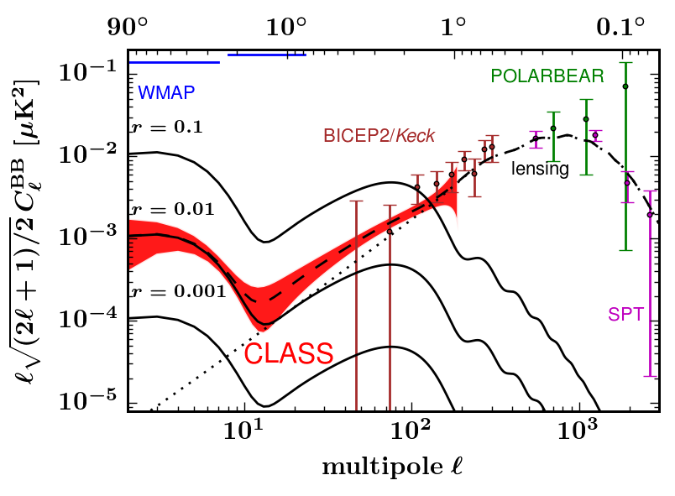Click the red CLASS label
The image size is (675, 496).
point(289,353)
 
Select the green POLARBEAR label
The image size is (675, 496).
point(547,76)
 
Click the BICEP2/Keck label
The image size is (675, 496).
point(382,136)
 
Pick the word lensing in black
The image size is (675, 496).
point(541,170)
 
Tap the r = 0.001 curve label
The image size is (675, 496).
point(165,292)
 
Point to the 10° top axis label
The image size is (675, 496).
point(285,27)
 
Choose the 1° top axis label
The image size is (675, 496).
point(453,27)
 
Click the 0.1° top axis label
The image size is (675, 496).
point(620,27)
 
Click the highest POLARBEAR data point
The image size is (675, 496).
point(625,86)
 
